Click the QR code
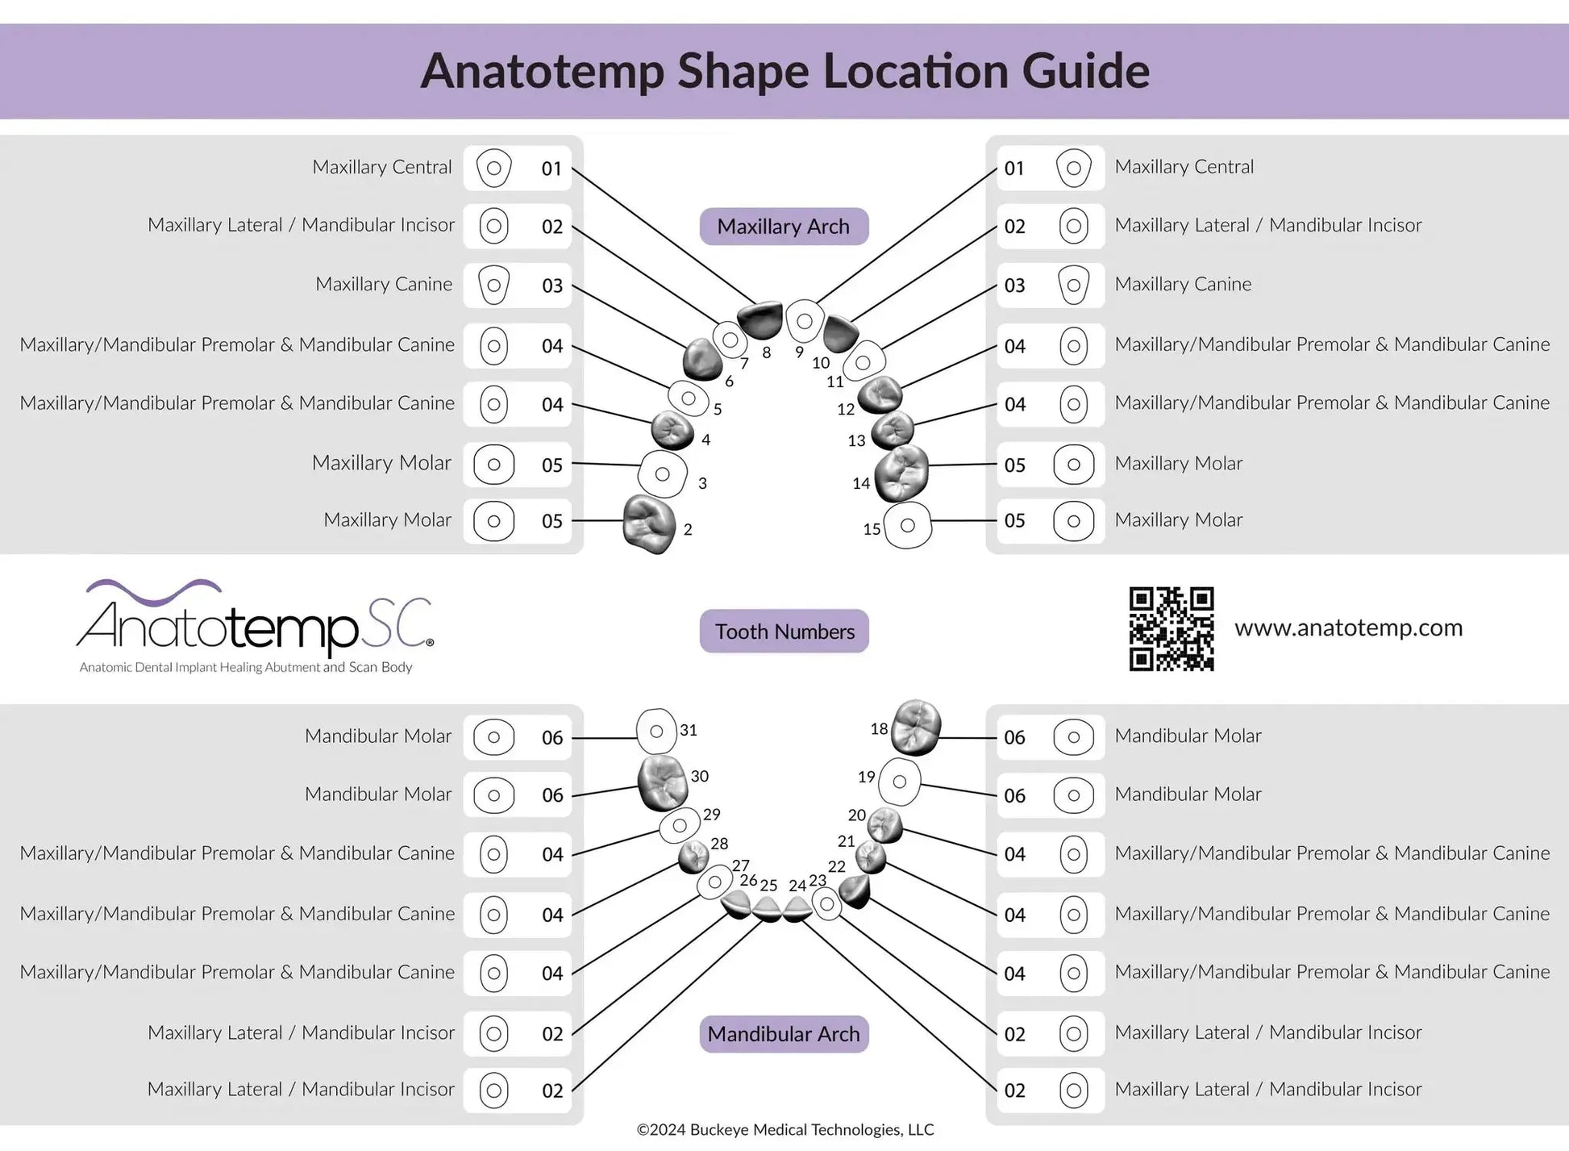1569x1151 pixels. click(x=1172, y=628)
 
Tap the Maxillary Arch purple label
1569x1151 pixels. click(x=784, y=227)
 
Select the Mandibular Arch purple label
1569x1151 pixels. click(x=784, y=1034)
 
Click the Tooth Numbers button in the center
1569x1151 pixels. click(x=784, y=632)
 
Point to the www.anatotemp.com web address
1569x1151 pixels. click(x=1348, y=628)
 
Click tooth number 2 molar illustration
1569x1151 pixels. click(x=649, y=524)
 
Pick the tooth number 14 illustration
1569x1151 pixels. click(x=902, y=473)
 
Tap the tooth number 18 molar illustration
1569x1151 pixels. click(x=918, y=727)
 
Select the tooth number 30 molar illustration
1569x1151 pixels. click(x=662, y=782)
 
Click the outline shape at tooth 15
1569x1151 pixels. click(x=908, y=525)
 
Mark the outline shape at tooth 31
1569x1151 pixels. click(x=656, y=731)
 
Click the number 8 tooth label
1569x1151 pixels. click(x=766, y=352)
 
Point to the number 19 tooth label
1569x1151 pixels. click(x=866, y=777)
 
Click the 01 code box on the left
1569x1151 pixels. click(x=518, y=169)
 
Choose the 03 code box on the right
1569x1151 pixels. click(x=1051, y=286)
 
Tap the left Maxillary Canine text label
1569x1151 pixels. click(x=384, y=284)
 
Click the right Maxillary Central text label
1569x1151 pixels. click(x=1184, y=167)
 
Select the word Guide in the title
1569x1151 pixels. click(x=1085, y=71)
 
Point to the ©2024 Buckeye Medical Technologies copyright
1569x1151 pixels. click(x=784, y=1130)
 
